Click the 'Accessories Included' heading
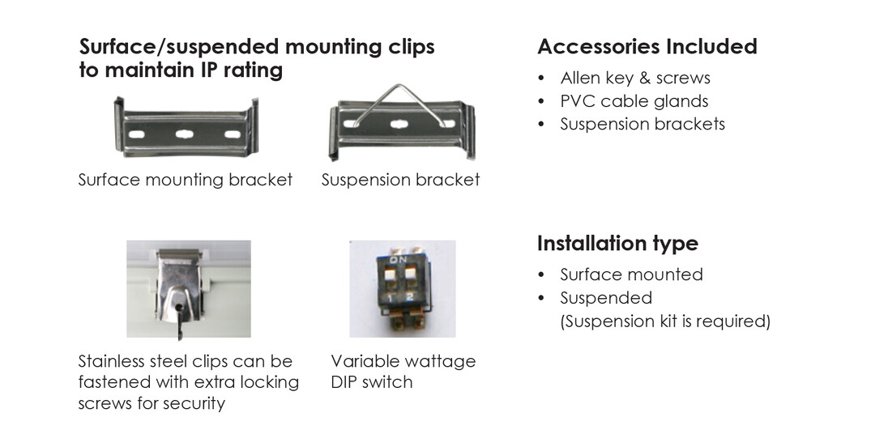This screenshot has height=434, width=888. [647, 46]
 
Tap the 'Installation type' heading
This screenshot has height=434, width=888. [617, 243]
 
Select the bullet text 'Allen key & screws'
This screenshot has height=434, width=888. [635, 78]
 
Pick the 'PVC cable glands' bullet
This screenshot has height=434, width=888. [634, 101]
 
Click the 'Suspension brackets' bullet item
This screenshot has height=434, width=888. [643, 124]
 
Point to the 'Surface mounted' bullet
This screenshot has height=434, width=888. [631, 274]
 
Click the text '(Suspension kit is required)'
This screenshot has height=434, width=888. [665, 321]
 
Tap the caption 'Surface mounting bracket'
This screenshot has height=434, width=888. [186, 180]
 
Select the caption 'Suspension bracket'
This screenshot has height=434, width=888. [400, 180]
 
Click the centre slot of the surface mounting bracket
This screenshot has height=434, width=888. [185, 134]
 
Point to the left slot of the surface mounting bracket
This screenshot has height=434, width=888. [136, 134]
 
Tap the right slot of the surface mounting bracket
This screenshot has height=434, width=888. [233, 134]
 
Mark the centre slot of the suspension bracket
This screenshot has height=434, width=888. [399, 124]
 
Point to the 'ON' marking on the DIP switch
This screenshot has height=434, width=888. [399, 259]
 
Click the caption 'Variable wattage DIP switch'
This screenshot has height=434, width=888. [403, 371]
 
